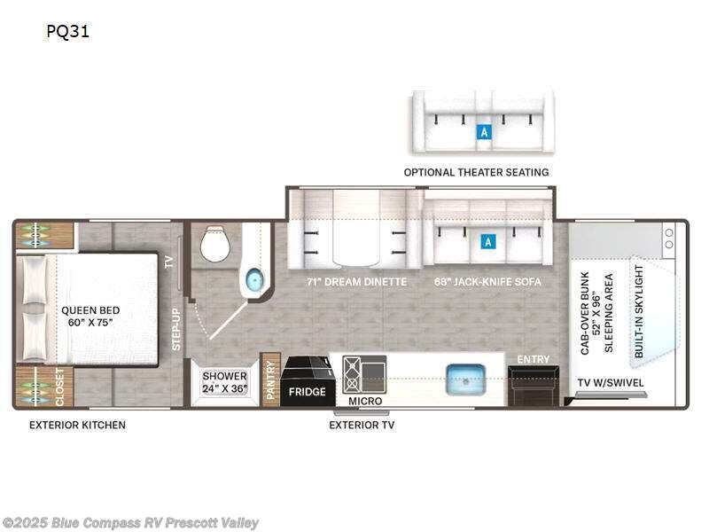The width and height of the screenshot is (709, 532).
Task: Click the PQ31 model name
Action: click(x=68, y=33)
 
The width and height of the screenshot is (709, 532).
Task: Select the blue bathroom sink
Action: click(x=254, y=281)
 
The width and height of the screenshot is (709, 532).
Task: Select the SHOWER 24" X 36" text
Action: click(x=225, y=382)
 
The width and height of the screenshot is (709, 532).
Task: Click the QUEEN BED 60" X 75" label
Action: click(x=90, y=317)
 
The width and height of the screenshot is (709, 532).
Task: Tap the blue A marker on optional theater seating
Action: click(x=483, y=132)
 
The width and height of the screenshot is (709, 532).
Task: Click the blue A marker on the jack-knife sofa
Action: click(x=486, y=240)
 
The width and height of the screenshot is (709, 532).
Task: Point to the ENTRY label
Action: click(x=534, y=359)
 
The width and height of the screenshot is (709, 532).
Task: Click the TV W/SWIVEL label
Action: click(x=611, y=383)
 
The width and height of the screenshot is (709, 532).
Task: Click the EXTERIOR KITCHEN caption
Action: click(x=77, y=425)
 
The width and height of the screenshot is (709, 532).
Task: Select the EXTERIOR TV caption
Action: click(x=362, y=425)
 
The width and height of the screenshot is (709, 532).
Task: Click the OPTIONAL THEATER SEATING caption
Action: click(x=476, y=172)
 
